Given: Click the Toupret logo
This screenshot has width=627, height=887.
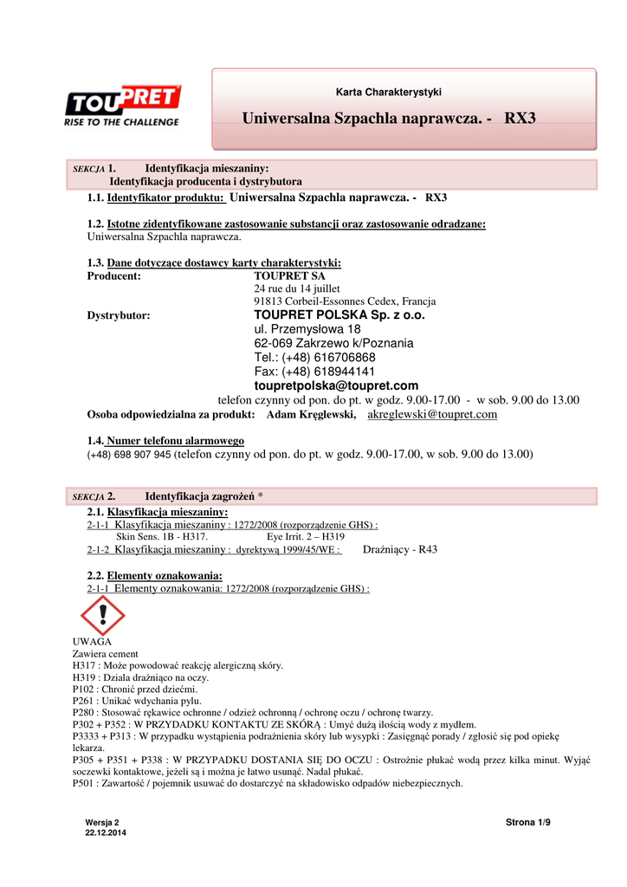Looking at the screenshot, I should click(x=122, y=105).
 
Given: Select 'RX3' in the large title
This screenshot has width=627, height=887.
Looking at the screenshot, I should click(x=520, y=117).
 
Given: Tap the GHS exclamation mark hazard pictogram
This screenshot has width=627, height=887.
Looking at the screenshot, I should click(x=102, y=616).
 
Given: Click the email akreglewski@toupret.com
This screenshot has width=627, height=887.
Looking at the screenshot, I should click(x=432, y=415).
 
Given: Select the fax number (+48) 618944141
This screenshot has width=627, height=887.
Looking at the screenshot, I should click(x=314, y=372).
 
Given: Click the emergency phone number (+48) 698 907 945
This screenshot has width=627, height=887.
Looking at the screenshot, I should click(x=129, y=454).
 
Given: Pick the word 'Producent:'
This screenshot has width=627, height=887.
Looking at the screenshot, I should click(x=114, y=276).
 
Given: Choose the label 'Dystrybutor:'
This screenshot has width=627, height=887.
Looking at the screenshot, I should click(x=119, y=316).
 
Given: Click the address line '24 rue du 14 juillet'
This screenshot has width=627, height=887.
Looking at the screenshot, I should click(x=297, y=288).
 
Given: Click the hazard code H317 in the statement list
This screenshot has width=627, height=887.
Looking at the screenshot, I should click(x=84, y=665).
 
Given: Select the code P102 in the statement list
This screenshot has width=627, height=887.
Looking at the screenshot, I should click(x=84, y=690).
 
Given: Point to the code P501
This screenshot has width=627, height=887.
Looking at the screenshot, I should click(x=84, y=783).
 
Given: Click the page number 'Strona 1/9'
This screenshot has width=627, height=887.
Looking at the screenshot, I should click(x=527, y=822).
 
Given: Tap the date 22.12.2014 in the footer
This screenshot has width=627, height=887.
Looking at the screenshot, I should click(x=106, y=832).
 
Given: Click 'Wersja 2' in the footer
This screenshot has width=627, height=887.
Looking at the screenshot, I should click(x=102, y=822).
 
